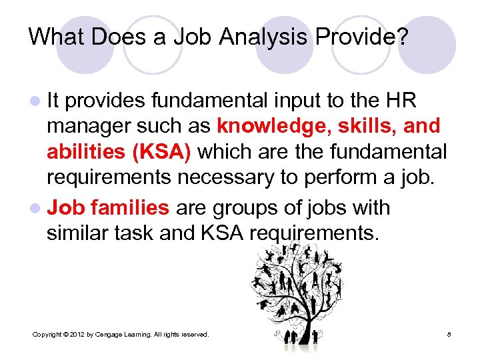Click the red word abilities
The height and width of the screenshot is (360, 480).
pyautogui.click(x=87, y=152)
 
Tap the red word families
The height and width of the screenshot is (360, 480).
pyautogui.click(x=130, y=208)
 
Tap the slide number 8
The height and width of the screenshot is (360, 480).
pyautogui.click(x=450, y=333)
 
